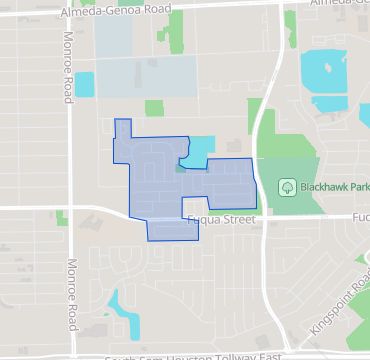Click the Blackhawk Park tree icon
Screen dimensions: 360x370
point(286,186)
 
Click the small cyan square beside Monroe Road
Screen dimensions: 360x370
point(84,85)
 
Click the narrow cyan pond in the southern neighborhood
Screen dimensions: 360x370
point(124,314)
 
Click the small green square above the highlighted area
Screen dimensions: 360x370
point(154,107)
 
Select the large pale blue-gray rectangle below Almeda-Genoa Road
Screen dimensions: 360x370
point(145,76)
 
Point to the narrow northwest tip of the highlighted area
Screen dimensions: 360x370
point(123,128)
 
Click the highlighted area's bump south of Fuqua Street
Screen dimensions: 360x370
point(172,231)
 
